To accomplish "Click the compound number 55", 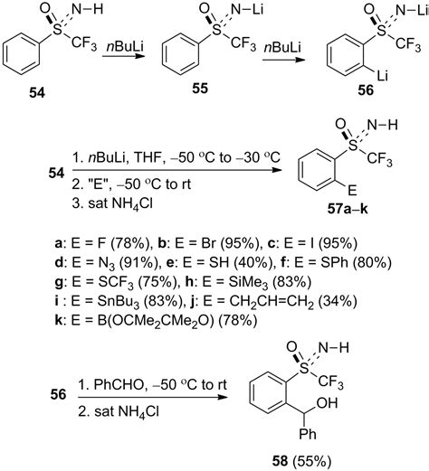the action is click(200, 89).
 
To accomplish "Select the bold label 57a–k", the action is click(348, 209).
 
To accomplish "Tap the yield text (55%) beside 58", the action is click(313, 461).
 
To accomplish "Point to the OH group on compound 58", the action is click(328, 403).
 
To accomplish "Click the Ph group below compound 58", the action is click(308, 434).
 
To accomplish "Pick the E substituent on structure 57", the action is click(352, 191).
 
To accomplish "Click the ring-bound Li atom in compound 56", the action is click(382, 75).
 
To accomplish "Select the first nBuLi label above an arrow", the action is click(125, 48).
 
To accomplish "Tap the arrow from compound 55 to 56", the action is click(283, 60).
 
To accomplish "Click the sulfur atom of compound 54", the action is click(58, 30).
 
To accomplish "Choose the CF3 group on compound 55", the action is click(243, 43).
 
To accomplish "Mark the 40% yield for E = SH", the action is click(253, 262).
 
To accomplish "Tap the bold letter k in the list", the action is click(58, 320).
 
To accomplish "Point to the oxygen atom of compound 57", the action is click(340, 124).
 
